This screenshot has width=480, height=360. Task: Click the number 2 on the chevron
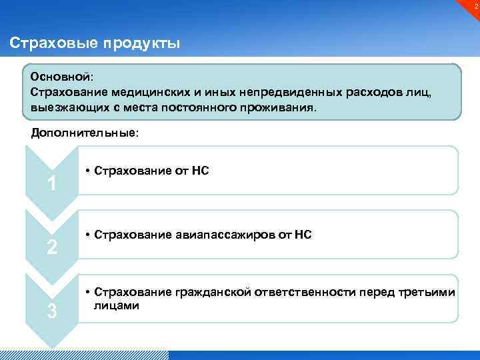click(51, 247)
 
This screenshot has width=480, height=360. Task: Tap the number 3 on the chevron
click(51, 311)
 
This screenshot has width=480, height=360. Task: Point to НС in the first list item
click(200, 171)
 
